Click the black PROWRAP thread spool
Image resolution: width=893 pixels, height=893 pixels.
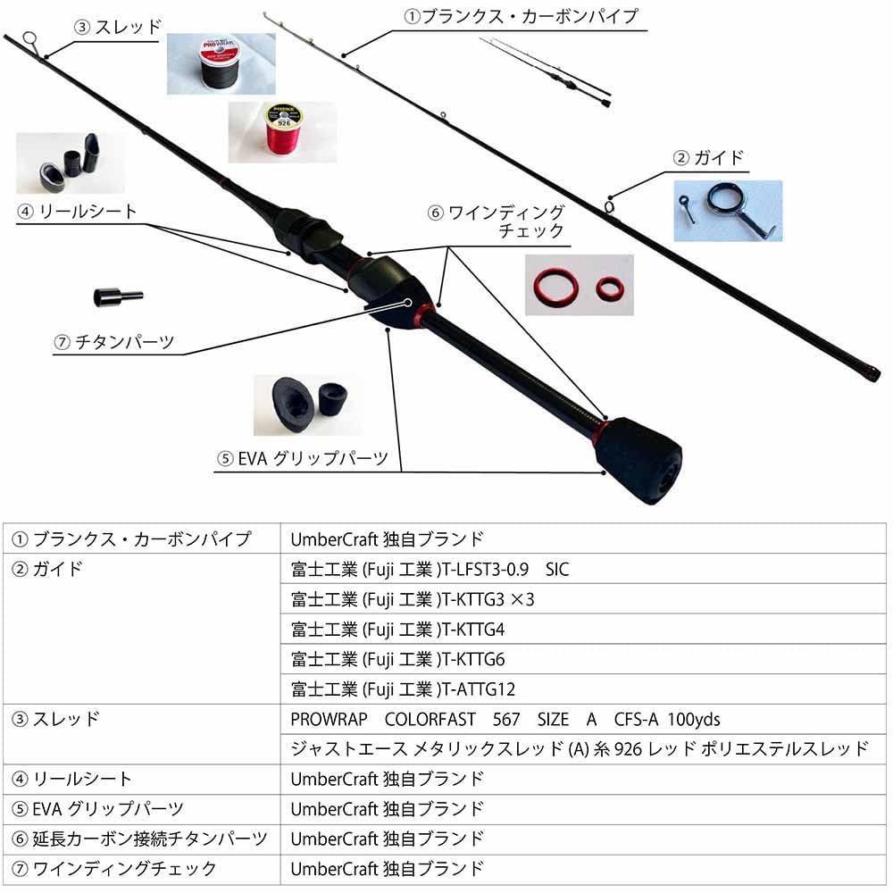(221, 63)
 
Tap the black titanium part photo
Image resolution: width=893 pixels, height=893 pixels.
(116, 296)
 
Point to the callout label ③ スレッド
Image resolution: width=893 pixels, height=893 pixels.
(118, 27)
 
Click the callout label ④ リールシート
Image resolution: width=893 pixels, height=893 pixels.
(77, 212)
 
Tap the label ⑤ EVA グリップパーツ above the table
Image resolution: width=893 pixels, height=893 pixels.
(303, 459)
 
